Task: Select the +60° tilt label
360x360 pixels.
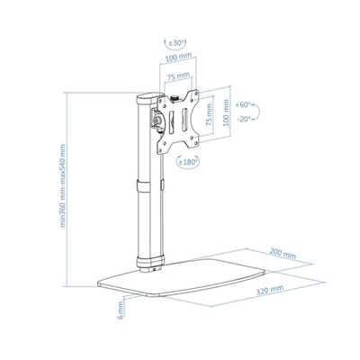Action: pos(241,105)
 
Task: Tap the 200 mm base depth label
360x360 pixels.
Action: pos(280,255)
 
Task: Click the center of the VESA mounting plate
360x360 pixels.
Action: pos(178,120)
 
